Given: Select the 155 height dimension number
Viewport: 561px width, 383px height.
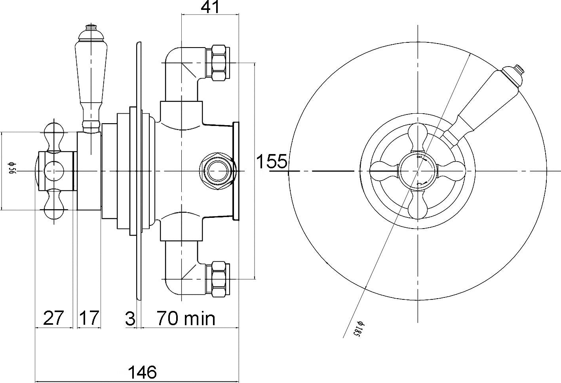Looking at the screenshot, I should pyautogui.click(x=272, y=162).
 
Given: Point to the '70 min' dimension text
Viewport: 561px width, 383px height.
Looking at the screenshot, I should pyautogui.click(x=186, y=318).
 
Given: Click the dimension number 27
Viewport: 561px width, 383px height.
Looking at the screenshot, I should pyautogui.click(x=53, y=318).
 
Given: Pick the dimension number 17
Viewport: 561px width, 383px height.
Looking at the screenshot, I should pyautogui.click(x=89, y=318).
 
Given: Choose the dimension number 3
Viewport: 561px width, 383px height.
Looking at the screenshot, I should pyautogui.click(x=130, y=318).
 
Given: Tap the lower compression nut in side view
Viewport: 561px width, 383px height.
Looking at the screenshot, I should pyautogui.click(x=219, y=278).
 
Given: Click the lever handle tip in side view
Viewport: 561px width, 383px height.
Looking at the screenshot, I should pyautogui.click(x=91, y=29).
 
